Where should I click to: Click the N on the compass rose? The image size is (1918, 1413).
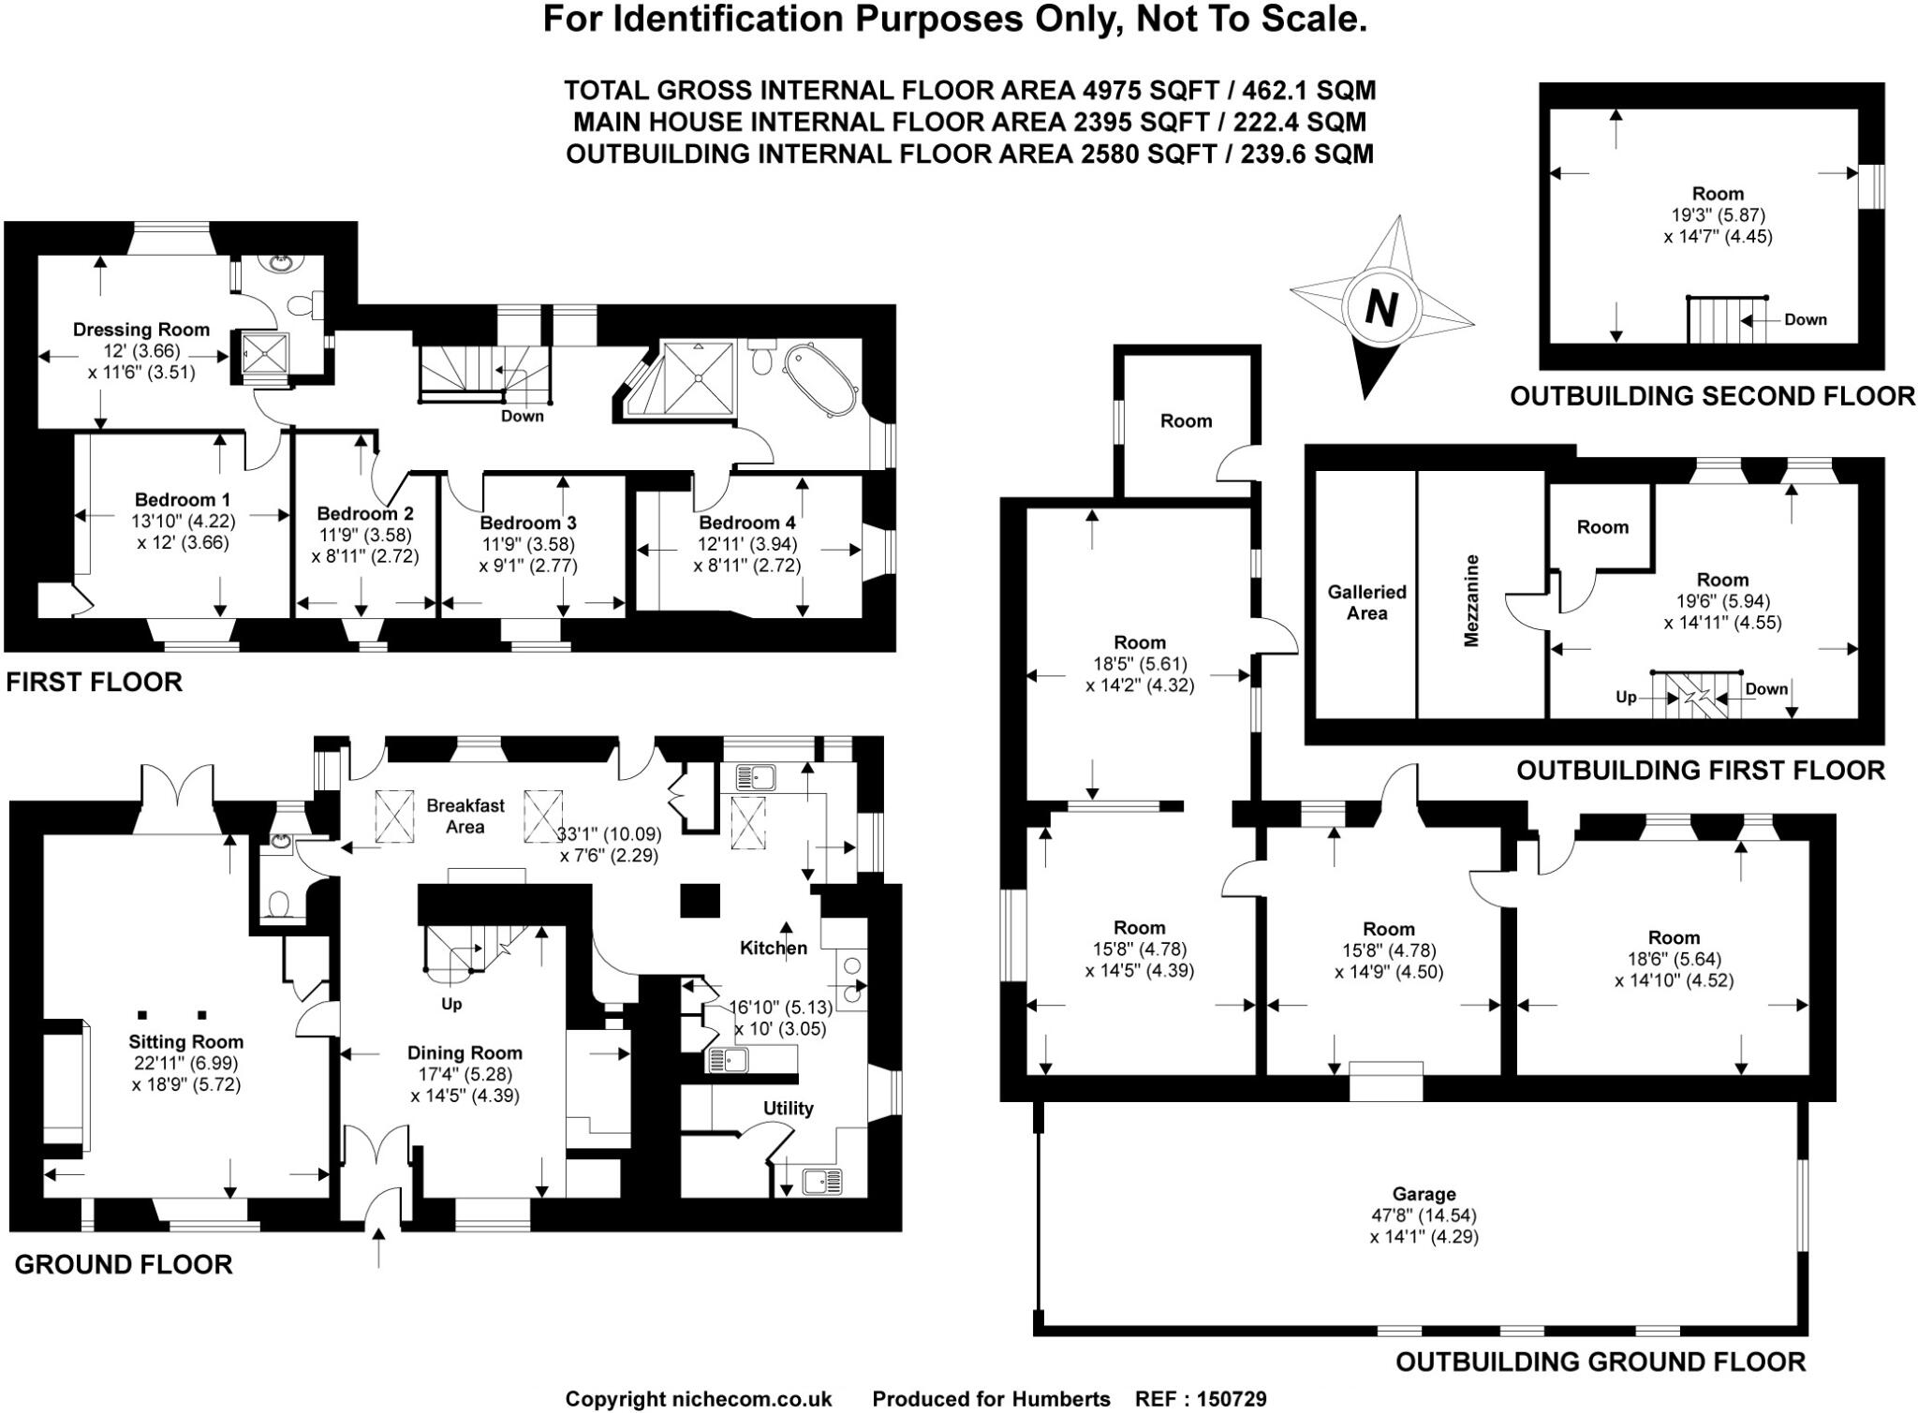tap(1381, 308)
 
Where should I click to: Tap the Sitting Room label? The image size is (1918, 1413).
tap(185, 1041)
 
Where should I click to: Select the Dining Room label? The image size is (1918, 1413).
tap(464, 1052)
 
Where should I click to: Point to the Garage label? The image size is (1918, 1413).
tap(1424, 1194)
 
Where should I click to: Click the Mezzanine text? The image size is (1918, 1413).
tap(1471, 600)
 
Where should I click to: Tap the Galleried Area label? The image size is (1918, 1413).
tap(1366, 602)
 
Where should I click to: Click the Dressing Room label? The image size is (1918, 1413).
tap(141, 330)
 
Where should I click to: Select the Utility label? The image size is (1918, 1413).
tap(788, 1109)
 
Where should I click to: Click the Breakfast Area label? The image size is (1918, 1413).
tap(465, 816)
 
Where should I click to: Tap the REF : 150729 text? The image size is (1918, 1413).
tap(1201, 1399)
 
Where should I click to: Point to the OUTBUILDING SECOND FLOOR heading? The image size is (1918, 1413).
tap(1712, 396)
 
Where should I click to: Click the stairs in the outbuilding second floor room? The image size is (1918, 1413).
tap(1714, 320)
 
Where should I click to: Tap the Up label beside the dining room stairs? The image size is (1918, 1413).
tap(451, 1005)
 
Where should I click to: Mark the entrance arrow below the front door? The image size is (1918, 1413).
tap(378, 1248)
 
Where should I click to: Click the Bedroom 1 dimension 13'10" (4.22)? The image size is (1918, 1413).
tap(184, 521)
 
